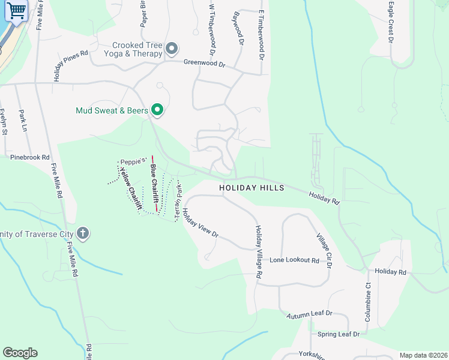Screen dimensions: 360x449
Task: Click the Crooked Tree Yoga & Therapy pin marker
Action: click(172, 48)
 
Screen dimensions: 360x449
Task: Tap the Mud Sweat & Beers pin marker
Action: click(157, 110)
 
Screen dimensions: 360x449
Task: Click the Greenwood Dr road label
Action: click(204, 62)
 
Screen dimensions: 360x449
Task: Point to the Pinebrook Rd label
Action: click(29, 157)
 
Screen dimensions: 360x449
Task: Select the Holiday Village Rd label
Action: click(259, 251)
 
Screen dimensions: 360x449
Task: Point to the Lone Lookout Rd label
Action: click(294, 260)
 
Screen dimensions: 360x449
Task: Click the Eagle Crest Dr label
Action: click(391, 22)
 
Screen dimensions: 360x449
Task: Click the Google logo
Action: click(20, 353)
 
